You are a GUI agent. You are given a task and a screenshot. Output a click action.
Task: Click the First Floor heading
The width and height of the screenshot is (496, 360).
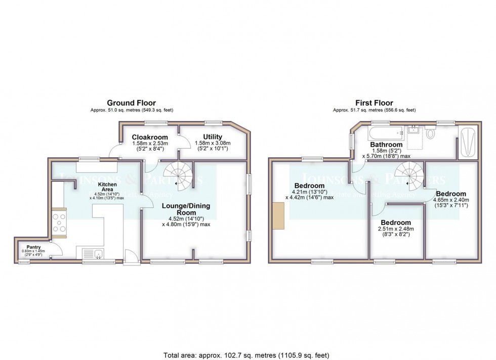point(374,103)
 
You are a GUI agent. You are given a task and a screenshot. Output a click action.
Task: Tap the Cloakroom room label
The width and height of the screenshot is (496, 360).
point(149,137)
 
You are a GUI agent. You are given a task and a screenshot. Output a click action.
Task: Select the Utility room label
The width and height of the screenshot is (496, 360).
point(213,137)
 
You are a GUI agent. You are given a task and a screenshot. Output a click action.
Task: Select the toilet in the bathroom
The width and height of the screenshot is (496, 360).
point(431,133)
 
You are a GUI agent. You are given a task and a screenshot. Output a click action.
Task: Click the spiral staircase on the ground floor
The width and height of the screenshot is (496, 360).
point(180,175)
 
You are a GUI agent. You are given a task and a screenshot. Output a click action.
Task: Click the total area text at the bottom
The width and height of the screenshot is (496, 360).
point(247,355)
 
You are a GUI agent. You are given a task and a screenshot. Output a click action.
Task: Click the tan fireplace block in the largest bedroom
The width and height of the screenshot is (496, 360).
point(278,216)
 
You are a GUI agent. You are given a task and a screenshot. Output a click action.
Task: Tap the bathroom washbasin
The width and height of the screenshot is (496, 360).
point(415,131)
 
